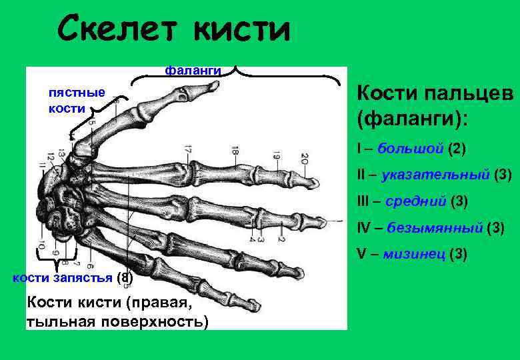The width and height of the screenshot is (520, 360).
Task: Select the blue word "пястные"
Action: [x=77, y=92]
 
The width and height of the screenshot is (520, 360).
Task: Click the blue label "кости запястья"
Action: [x=63, y=277]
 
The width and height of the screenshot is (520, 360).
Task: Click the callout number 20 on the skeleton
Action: [x=304, y=159]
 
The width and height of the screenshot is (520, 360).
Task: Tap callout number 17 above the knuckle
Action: [x=189, y=151]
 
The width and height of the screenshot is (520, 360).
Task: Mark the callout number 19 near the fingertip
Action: [x=276, y=158]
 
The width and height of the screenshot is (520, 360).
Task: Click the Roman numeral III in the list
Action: [x=364, y=201]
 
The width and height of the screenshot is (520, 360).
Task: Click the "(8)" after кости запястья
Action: [x=125, y=277]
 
